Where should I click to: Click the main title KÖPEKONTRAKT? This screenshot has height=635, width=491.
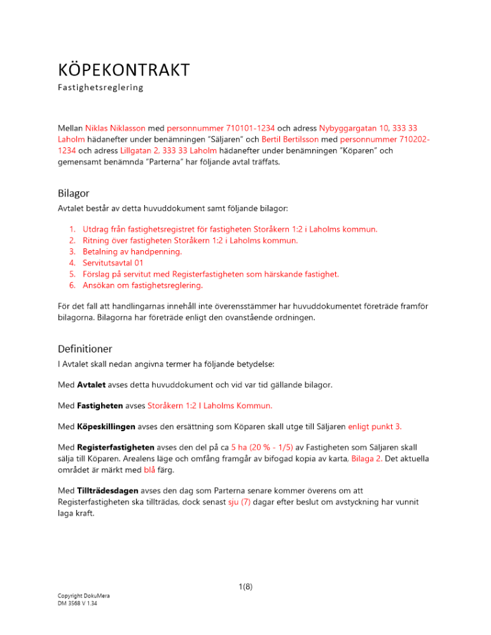pyautogui.click(x=123, y=69)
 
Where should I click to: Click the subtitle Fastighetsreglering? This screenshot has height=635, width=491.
pyautogui.click(x=100, y=88)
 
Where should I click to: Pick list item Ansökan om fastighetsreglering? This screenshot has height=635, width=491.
pyautogui.click(x=142, y=286)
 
